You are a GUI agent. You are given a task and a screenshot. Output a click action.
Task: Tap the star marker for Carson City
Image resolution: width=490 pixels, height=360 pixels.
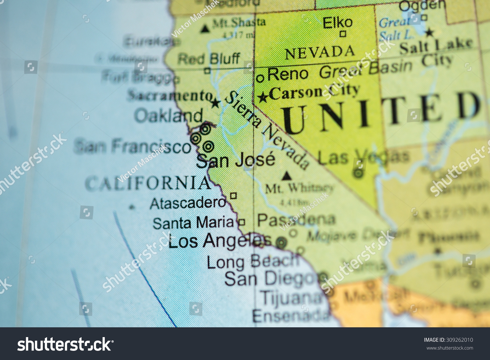[x=263, y=97]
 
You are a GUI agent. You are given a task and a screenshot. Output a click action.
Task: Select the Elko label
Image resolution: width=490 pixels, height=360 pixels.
[x=337, y=23]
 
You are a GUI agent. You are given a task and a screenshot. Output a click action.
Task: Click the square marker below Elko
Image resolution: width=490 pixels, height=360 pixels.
[x=343, y=34]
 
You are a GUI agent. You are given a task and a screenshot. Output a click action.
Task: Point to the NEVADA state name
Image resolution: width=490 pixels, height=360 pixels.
[x=320, y=52]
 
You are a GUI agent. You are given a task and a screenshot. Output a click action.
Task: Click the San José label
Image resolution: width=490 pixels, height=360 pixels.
[x=236, y=160]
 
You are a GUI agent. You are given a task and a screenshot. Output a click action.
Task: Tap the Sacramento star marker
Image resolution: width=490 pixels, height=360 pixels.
[x=215, y=104]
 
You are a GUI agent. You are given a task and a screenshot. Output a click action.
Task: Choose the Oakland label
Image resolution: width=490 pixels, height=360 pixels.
[x=169, y=116]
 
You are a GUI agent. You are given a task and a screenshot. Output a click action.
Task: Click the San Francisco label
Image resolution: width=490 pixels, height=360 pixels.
[x=133, y=146]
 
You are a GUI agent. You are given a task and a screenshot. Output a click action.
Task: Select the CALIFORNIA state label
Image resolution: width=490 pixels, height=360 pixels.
[x=148, y=183]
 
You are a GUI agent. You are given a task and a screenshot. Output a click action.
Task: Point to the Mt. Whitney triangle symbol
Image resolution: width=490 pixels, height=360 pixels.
[x=286, y=176]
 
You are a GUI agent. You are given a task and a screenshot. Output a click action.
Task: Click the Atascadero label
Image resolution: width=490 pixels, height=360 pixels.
[x=188, y=203]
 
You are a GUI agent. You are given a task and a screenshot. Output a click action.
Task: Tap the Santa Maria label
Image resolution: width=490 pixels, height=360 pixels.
[x=193, y=223]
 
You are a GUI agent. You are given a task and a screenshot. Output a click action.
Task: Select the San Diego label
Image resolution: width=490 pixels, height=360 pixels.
[x=270, y=279]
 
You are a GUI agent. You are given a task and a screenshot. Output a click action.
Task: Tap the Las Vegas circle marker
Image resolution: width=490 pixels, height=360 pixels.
[x=358, y=173]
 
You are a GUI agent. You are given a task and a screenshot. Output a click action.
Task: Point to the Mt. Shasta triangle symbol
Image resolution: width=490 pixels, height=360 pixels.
[x=205, y=29]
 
